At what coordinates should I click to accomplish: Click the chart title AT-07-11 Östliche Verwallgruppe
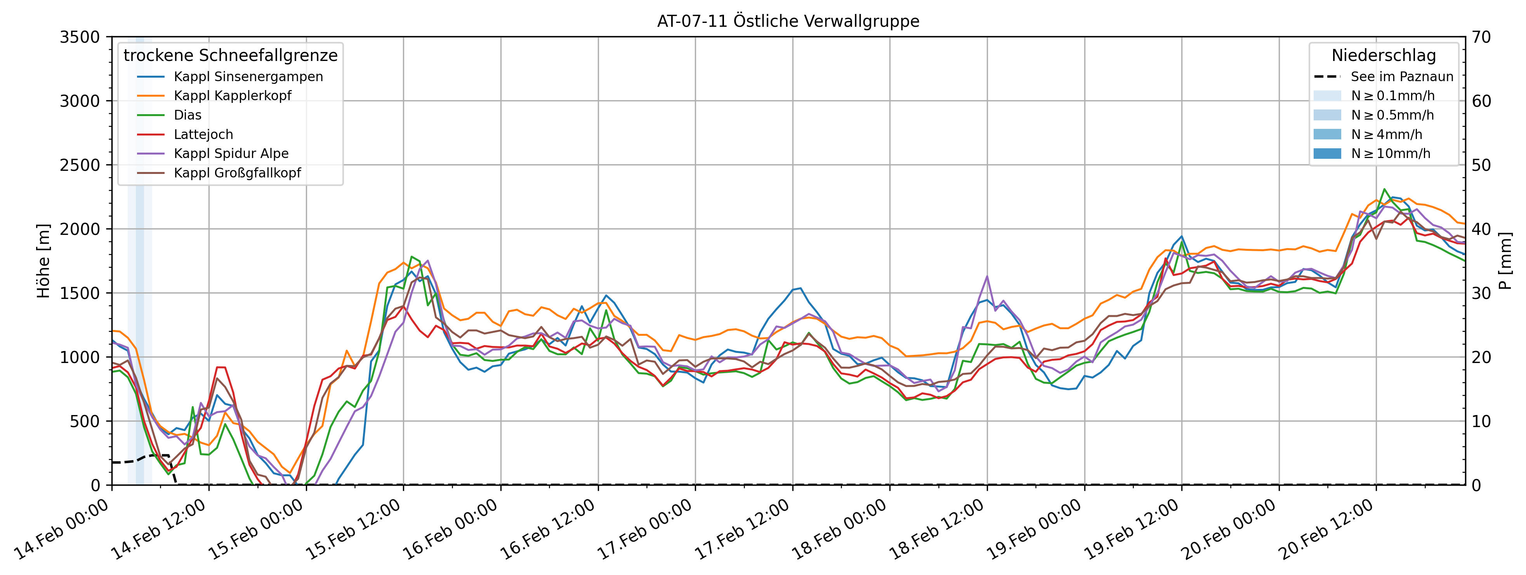pos(788,21)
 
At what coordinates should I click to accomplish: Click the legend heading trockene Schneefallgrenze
pos(231,55)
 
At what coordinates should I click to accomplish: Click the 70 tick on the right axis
pos(1482,37)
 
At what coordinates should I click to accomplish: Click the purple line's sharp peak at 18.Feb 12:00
pos(987,276)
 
